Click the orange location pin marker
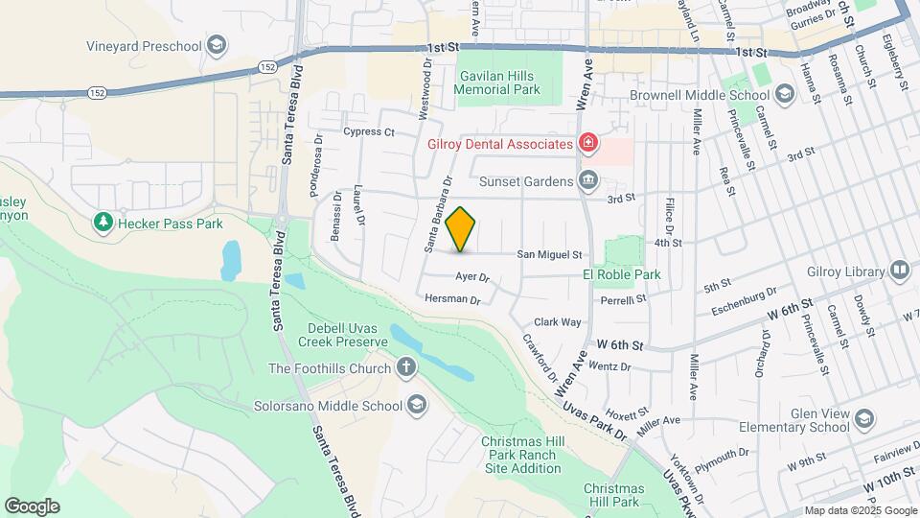click(x=461, y=229)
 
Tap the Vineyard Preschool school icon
click(x=218, y=45)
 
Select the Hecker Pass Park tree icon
click(x=103, y=224)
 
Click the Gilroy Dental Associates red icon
click(x=587, y=144)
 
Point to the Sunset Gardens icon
click(x=587, y=179)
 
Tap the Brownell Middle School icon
click(x=785, y=95)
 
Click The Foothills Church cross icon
click(x=406, y=368)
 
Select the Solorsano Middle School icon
click(x=416, y=405)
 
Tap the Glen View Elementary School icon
click(x=864, y=419)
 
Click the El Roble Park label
click(x=622, y=274)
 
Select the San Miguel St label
click(x=550, y=255)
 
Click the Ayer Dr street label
click(x=472, y=278)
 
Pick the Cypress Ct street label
click(x=369, y=131)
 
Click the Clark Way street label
click(x=558, y=322)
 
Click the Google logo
click(x=32, y=506)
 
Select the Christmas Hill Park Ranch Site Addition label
click(x=521, y=455)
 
